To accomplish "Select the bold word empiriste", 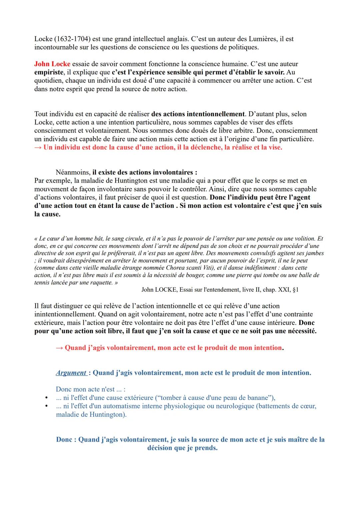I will tap(49, 72).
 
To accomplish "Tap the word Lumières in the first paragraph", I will tap(263, 39).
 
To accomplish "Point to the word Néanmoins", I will tap(73, 173).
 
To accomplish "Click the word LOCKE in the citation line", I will tap(166, 290).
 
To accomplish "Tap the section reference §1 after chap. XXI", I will tap(295, 290).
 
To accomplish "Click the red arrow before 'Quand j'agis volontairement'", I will tap(59, 348).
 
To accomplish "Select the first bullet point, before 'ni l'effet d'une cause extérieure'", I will tap(47, 398).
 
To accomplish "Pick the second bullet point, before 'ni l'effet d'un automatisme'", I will tap(47, 406).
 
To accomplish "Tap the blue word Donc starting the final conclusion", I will tap(66, 440).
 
